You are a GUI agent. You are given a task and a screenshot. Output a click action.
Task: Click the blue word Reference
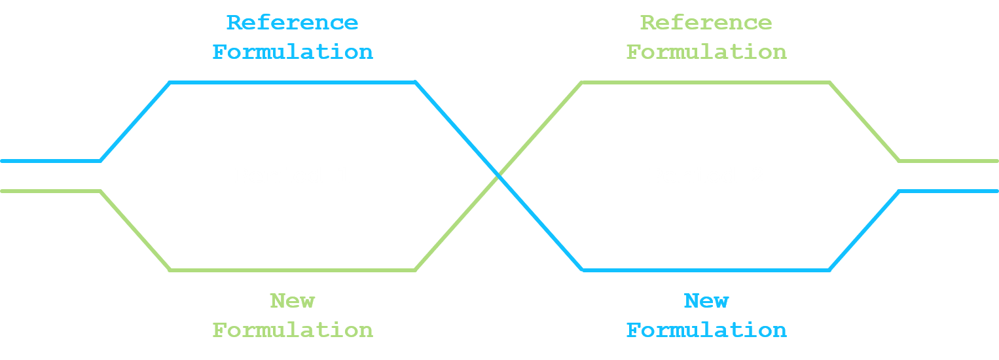[x=292, y=23]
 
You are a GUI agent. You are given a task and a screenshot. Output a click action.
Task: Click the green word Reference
[x=706, y=23]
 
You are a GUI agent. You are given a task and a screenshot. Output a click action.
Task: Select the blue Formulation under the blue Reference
[x=292, y=52]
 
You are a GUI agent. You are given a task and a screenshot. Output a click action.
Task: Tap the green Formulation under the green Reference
[x=706, y=52]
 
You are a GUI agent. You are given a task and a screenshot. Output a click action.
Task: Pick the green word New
[x=292, y=301]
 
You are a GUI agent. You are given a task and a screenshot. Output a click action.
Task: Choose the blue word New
[x=706, y=301]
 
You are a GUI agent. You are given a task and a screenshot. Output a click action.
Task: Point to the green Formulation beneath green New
[x=292, y=330]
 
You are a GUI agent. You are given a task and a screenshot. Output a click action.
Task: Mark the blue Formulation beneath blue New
[x=706, y=330]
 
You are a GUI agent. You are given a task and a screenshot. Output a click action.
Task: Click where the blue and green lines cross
[x=499, y=175]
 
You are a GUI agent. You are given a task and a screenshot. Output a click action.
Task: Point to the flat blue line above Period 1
[x=292, y=82]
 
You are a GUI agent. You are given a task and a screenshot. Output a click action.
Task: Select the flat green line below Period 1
[x=292, y=270]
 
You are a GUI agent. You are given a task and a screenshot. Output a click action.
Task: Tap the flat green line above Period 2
[x=706, y=82]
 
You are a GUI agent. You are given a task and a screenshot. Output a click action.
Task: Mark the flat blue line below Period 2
[x=706, y=270]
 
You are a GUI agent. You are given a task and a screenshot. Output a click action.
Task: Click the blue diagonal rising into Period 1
[x=135, y=122]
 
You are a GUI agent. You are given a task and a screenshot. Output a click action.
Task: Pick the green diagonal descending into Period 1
[x=135, y=230]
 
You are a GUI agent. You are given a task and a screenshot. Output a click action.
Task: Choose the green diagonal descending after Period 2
[x=864, y=121]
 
